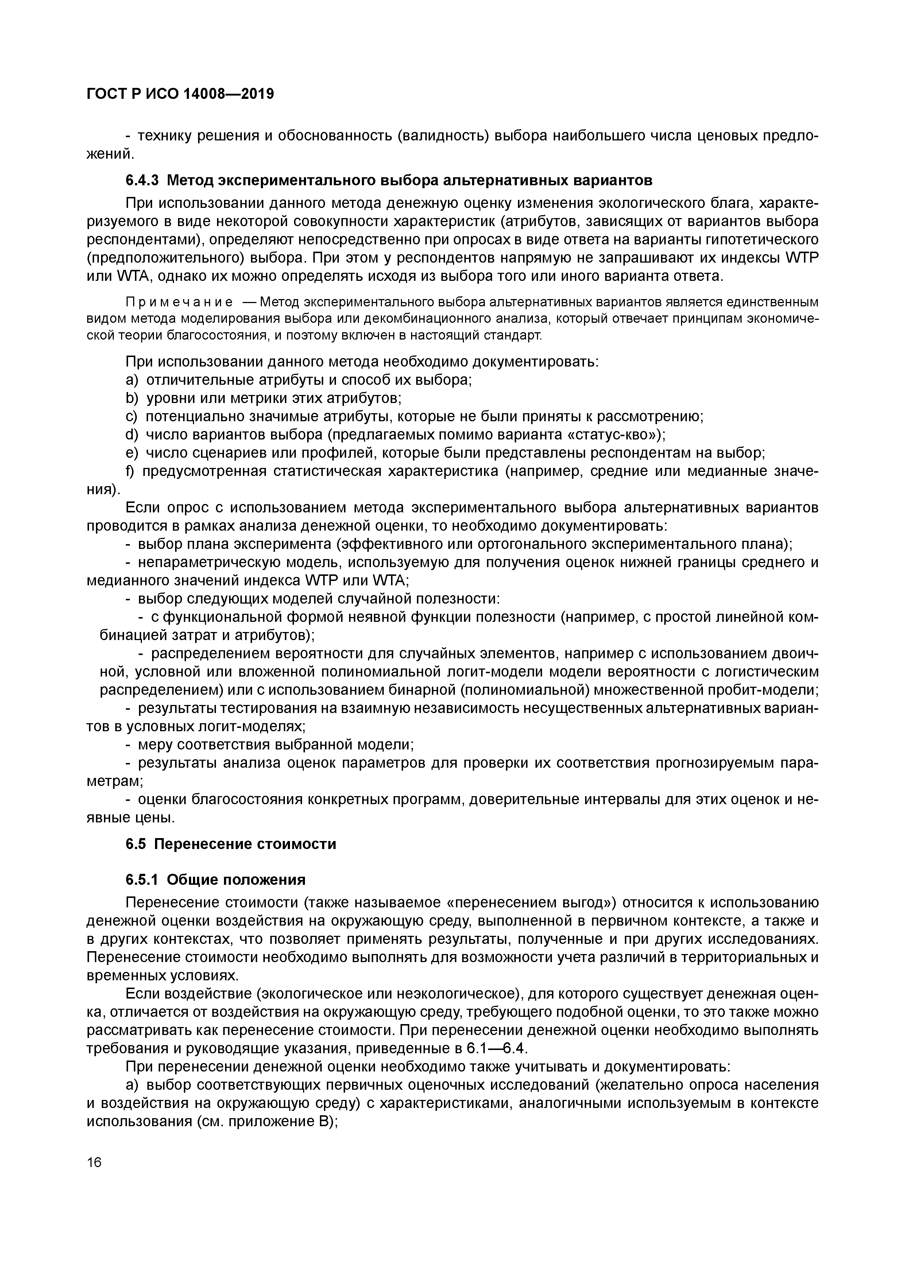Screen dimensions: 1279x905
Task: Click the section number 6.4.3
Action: [x=143, y=181]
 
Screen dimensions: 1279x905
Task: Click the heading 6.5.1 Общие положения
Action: [x=216, y=880]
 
